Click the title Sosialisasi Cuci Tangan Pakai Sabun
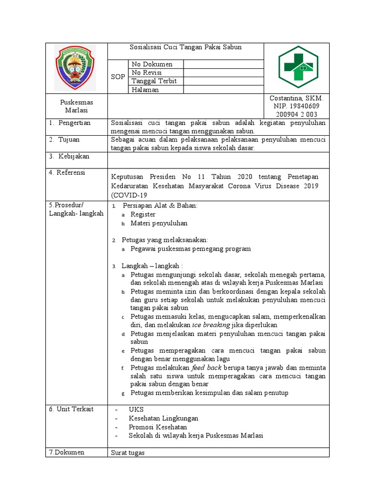click(x=186, y=47)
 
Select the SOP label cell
click(x=118, y=77)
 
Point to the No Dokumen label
click(x=151, y=64)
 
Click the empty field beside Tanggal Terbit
click(x=223, y=81)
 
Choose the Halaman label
click(x=145, y=90)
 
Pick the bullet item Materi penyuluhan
click(x=159, y=223)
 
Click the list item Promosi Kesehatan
click(x=158, y=427)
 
